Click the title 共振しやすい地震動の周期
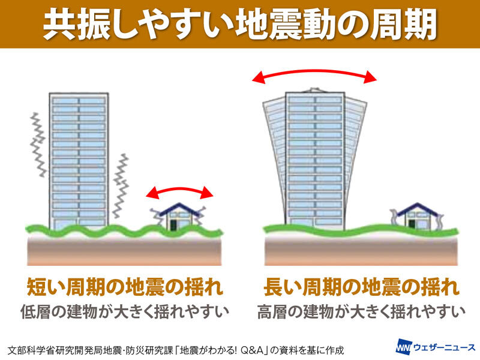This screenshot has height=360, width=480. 240,24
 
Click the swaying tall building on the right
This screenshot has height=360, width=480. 315,159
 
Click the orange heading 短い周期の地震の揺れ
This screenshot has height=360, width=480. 125,287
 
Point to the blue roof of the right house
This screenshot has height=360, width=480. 417,209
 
